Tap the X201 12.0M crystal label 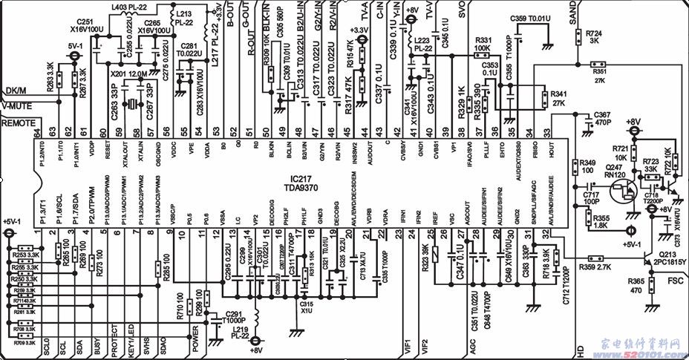pos(128,74)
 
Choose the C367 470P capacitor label pos(602,118)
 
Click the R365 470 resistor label pos(636,286)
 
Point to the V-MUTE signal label pos(16,106)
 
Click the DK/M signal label pos(16,91)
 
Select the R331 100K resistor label pos(483,44)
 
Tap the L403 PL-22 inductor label pos(128,7)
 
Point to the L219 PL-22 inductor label pos(238,333)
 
